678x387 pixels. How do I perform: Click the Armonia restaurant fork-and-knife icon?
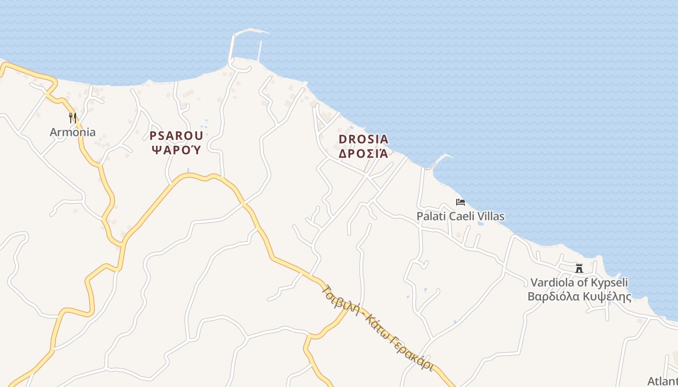pyautogui.click(x=73, y=118)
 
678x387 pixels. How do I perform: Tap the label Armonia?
pyautogui.click(x=73, y=132)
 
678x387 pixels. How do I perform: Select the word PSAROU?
pyautogui.click(x=176, y=136)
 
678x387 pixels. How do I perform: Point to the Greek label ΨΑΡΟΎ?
pyautogui.click(x=176, y=149)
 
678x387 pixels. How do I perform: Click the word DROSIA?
pyautogui.click(x=363, y=139)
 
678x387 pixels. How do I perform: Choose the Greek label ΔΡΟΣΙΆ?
pyautogui.click(x=363, y=153)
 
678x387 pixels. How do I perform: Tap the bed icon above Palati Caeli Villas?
pyautogui.click(x=460, y=202)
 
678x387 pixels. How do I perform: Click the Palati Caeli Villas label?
pyautogui.click(x=460, y=216)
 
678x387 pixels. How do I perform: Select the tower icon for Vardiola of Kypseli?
pyautogui.click(x=579, y=268)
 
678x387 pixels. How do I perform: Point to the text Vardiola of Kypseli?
pyautogui.click(x=579, y=283)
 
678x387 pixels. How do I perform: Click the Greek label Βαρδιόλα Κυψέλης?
pyautogui.click(x=579, y=296)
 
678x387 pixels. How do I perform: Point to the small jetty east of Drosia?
pyautogui.click(x=438, y=160)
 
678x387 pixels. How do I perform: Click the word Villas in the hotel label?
pyautogui.click(x=491, y=216)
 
